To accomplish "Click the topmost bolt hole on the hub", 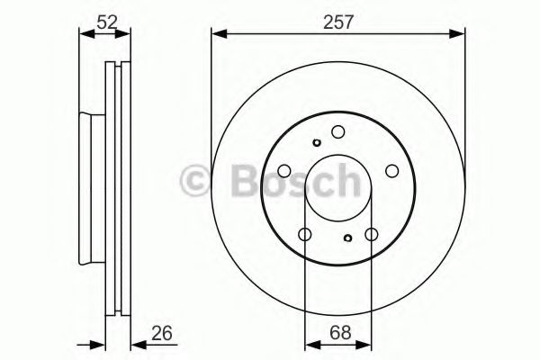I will coord(338,131).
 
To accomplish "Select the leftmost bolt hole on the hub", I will coord(283,171).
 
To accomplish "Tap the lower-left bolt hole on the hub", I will coord(305,235).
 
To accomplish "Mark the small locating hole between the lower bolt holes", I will coord(348,238).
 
